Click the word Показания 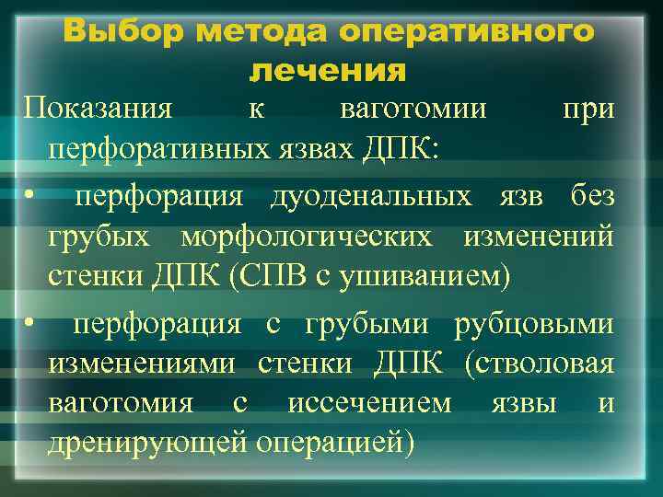(x=98, y=110)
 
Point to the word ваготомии (x=413, y=110)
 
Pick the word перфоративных (x=164, y=150)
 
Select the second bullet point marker (x=30, y=325)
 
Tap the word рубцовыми (x=533, y=324)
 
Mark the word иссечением (x=369, y=404)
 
